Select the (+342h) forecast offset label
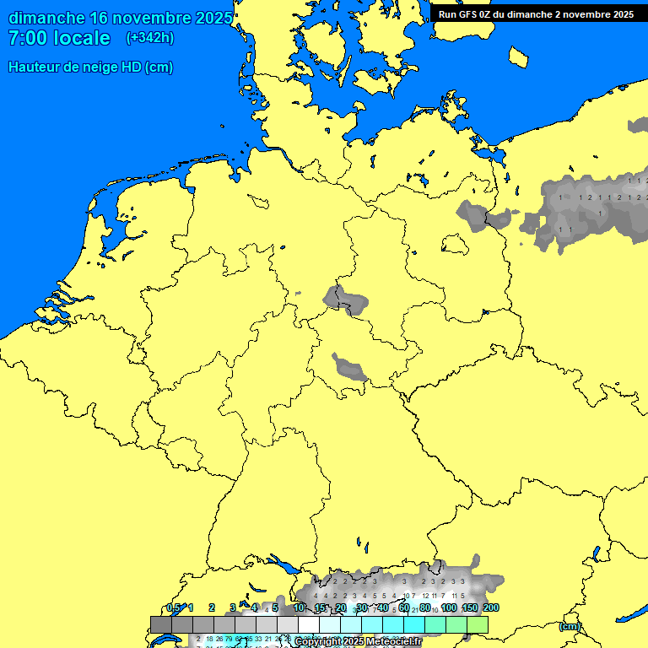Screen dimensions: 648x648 click(x=149, y=38)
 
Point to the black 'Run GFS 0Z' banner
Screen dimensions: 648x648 click(x=537, y=13)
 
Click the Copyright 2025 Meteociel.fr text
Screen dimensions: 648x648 click(x=358, y=642)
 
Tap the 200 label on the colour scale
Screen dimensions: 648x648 click(x=491, y=607)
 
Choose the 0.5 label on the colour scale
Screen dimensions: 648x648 click(x=174, y=607)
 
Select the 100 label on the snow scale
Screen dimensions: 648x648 click(x=449, y=607)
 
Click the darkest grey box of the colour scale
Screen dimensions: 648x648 click(x=160, y=624)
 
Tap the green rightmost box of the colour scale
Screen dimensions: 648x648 click(x=478, y=624)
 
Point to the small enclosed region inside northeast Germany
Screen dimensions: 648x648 click(x=456, y=243)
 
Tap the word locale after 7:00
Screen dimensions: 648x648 click(x=81, y=38)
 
